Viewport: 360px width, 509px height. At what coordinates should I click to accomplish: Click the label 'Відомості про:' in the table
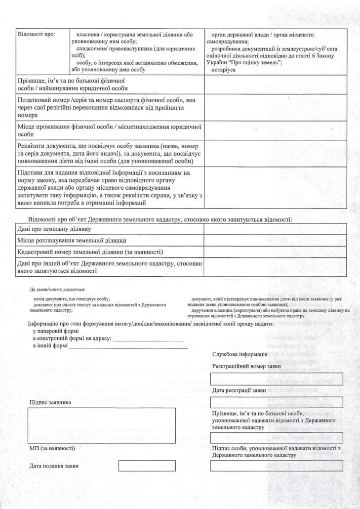(x=36, y=35)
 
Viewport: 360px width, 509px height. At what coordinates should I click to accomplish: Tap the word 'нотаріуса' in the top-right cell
(x=224, y=70)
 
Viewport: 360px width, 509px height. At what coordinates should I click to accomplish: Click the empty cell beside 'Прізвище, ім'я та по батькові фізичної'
(x=276, y=85)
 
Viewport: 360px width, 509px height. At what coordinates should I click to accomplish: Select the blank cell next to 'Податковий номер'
(x=276, y=107)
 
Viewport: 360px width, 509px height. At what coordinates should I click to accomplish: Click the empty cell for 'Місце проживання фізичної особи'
(x=276, y=130)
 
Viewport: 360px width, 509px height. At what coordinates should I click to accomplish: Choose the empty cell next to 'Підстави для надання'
(x=276, y=188)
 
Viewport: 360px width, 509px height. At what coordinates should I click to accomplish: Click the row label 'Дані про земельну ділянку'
(x=54, y=229)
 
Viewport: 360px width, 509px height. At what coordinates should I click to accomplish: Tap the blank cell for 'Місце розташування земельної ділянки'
(x=276, y=241)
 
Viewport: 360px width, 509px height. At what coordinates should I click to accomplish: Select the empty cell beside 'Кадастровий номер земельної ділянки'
(x=276, y=252)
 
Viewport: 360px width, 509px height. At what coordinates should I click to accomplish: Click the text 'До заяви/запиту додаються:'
(x=57, y=289)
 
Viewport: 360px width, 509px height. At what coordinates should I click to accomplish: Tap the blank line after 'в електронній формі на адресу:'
(x=149, y=339)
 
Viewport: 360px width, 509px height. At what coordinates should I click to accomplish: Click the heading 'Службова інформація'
(x=240, y=354)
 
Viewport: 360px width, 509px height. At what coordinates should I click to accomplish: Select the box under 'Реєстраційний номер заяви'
(x=276, y=379)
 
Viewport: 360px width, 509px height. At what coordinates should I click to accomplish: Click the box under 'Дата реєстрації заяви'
(x=276, y=402)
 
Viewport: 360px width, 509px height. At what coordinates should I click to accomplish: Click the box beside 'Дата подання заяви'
(x=147, y=466)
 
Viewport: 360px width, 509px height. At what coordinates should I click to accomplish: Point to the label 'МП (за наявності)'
(x=52, y=448)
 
